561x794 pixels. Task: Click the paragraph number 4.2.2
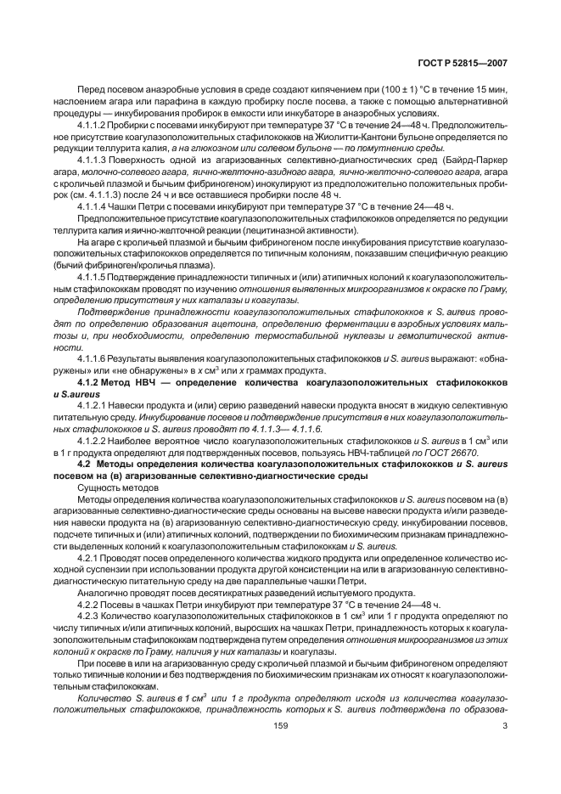pyautogui.click(x=91, y=603)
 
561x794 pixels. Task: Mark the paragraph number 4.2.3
pyautogui.click(x=91, y=614)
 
